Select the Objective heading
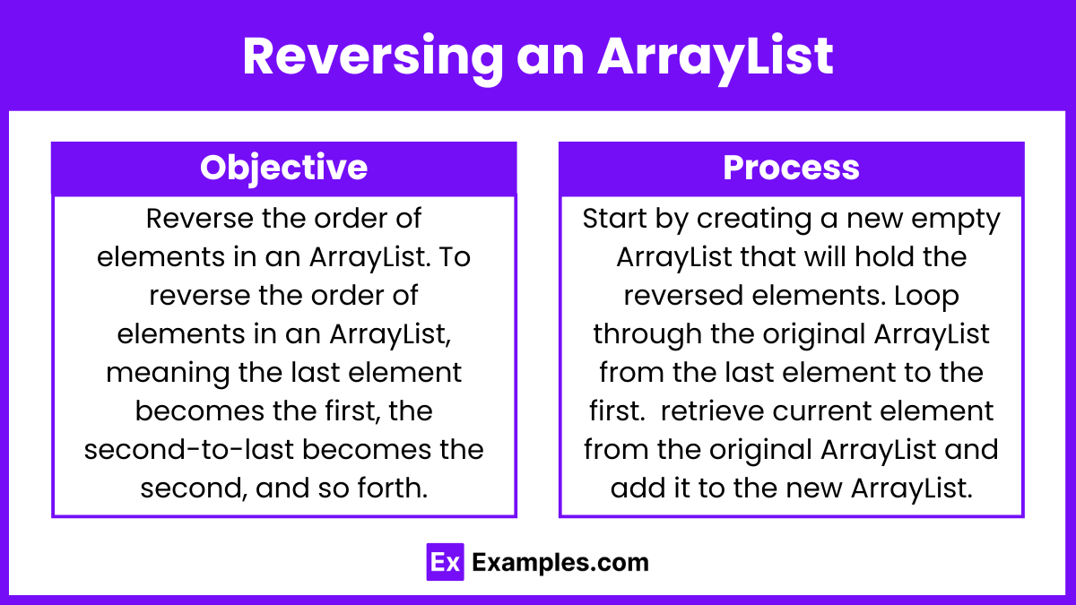click(x=284, y=169)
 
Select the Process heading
click(x=791, y=168)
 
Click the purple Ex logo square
click(x=446, y=562)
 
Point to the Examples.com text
click(x=560, y=563)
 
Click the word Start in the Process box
click(x=614, y=219)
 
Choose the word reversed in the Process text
click(x=683, y=295)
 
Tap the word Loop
click(x=926, y=297)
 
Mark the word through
click(x=647, y=335)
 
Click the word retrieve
click(x=712, y=411)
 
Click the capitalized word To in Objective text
click(x=455, y=257)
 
